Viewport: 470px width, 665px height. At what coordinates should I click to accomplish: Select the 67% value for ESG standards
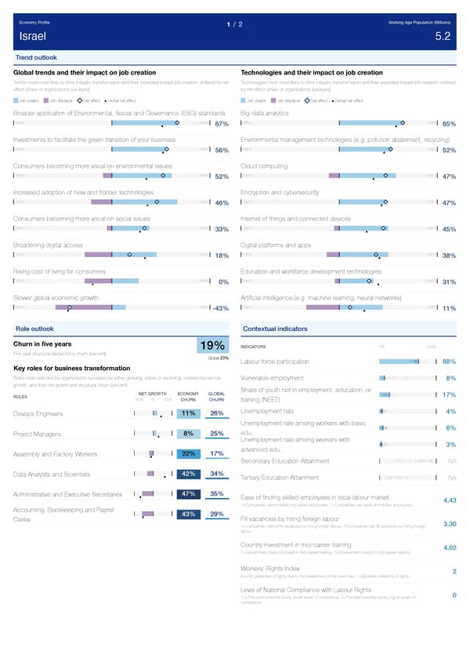click(221, 124)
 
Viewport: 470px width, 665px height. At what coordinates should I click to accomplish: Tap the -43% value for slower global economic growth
click(219, 307)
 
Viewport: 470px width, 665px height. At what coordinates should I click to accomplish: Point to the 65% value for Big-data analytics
click(450, 124)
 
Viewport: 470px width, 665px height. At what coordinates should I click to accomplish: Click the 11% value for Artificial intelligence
click(450, 307)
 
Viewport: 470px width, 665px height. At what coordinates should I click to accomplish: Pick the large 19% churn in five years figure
click(213, 346)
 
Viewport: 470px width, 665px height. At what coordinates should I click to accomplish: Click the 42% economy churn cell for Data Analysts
click(187, 474)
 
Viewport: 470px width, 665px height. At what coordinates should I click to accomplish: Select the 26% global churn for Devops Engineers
click(218, 413)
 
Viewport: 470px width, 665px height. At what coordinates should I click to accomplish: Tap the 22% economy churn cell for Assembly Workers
click(187, 453)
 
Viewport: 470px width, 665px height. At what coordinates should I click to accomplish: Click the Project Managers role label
click(38, 434)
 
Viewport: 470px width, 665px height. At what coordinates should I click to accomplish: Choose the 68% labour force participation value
click(450, 362)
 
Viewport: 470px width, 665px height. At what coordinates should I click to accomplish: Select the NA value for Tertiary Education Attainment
click(452, 478)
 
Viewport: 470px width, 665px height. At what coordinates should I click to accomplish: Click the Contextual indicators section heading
click(275, 329)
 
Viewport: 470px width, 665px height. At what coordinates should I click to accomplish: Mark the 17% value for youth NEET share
click(450, 394)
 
